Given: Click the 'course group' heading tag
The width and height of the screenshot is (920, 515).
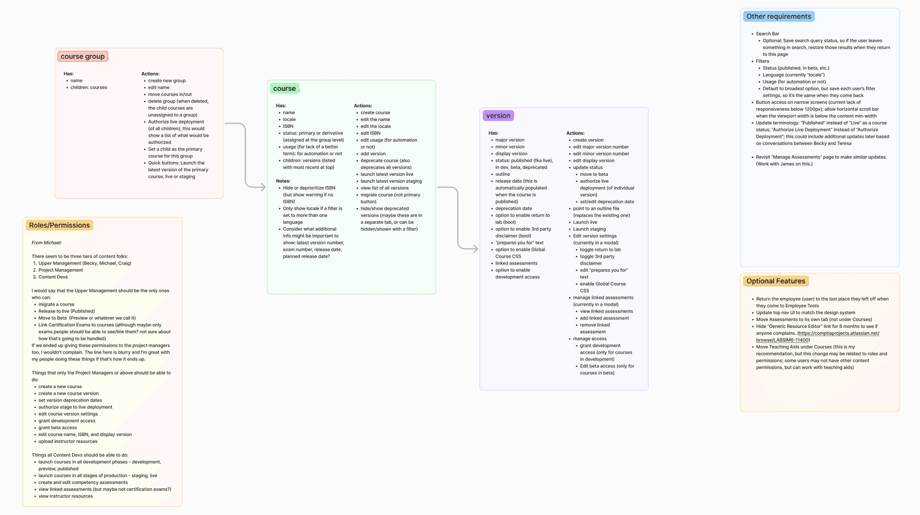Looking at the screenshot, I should coord(83,56).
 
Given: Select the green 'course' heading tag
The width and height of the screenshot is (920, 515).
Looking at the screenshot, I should coord(284,89).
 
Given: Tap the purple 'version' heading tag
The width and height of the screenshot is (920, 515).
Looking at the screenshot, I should coord(498,116).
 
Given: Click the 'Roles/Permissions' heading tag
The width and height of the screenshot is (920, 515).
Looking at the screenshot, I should coord(59,225).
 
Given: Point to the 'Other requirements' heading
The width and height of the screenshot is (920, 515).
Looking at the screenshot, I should coord(778,16).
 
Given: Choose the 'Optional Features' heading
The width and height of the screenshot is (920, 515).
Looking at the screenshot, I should coord(775,281).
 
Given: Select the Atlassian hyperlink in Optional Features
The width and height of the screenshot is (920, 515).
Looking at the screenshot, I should coord(818,336).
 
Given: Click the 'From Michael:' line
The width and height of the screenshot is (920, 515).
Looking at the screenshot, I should coord(47,242).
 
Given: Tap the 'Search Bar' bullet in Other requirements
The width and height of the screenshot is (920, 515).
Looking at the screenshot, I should coord(767,34).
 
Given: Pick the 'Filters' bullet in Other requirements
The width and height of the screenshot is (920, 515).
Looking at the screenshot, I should coord(762,61).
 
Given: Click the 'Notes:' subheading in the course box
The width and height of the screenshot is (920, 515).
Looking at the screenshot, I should coord(283,181).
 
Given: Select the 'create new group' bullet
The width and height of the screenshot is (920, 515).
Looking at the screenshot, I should coord(167,80).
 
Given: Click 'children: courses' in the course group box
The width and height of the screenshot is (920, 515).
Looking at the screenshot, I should coord(88,87).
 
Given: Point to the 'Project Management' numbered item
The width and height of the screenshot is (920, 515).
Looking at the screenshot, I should coord(61,270).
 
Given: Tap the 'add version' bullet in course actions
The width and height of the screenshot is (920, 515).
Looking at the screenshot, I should coord(373,154).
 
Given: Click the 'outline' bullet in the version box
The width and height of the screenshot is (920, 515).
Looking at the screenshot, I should coord(502,174).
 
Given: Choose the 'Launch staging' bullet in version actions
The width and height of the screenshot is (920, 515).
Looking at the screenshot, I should coord(589,229).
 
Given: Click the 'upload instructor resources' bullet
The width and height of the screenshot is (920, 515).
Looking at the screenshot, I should coord(68,441).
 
